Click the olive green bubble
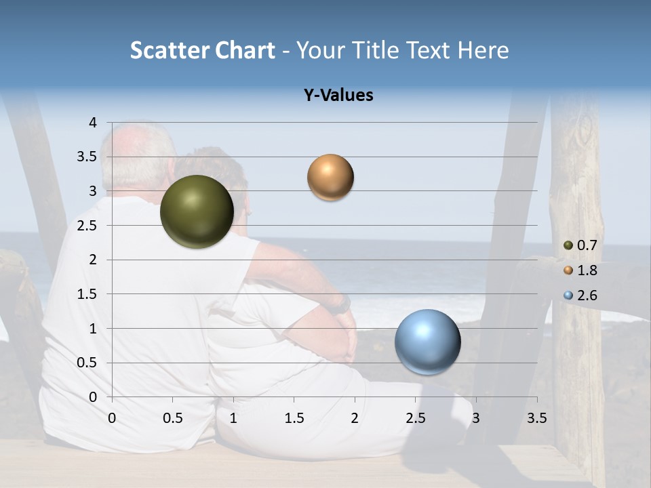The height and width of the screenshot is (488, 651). [x=197, y=211]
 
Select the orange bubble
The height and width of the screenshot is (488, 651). [x=330, y=178]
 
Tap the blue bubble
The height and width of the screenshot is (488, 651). [x=427, y=342]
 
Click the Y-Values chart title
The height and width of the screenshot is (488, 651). [x=338, y=96]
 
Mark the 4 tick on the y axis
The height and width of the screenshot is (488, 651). [x=93, y=123]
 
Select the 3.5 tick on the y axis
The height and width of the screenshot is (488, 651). [x=88, y=157]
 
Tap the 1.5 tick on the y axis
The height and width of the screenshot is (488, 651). [x=88, y=294]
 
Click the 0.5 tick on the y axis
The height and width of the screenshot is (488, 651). [x=88, y=363]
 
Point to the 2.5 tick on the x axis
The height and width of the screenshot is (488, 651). [x=416, y=418]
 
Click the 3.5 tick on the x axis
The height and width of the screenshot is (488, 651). [x=536, y=418]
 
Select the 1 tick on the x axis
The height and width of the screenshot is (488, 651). [x=233, y=418]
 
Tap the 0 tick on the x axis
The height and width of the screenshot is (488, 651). [x=112, y=418]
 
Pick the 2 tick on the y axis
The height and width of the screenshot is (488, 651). [x=93, y=260]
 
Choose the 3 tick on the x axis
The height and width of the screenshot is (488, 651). [x=475, y=418]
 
